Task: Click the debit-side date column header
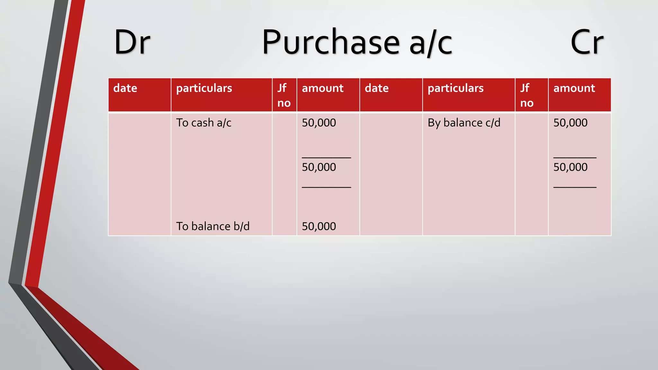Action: point(125,88)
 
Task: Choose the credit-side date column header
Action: point(377,88)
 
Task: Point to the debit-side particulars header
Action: point(204,88)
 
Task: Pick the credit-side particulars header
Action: point(456,88)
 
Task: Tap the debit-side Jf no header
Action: point(284,95)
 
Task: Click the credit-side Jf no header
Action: point(527,95)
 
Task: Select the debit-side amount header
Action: point(323,88)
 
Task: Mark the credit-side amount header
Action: point(574,88)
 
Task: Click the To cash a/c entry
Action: point(204,123)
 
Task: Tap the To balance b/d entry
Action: point(213,226)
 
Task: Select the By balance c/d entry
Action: point(464,123)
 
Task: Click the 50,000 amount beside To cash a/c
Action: point(319,123)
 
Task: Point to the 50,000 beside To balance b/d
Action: point(319,226)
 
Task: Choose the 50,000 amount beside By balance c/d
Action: point(570,123)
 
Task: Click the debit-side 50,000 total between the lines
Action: point(319,167)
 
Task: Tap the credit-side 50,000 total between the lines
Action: point(570,167)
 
